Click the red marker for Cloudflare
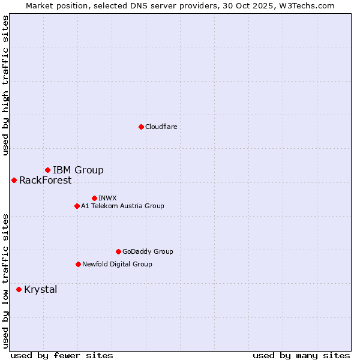click(141, 127)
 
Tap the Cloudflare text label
click(161, 127)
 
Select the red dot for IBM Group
click(47, 170)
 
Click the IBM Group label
click(78, 170)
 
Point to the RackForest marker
click(14, 180)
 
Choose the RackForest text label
click(45, 180)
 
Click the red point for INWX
click(94, 198)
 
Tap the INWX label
click(107, 198)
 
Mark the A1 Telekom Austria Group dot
click(77, 206)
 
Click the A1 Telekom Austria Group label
click(122, 206)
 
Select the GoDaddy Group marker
click(118, 251)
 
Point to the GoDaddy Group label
click(148, 251)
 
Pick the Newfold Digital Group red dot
click(78, 264)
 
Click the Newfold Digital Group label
click(117, 264)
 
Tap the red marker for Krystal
click(19, 289)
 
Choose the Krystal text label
click(41, 289)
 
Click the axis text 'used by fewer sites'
click(62, 355)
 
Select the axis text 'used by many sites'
click(301, 355)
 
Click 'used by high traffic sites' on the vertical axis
click(5, 85)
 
